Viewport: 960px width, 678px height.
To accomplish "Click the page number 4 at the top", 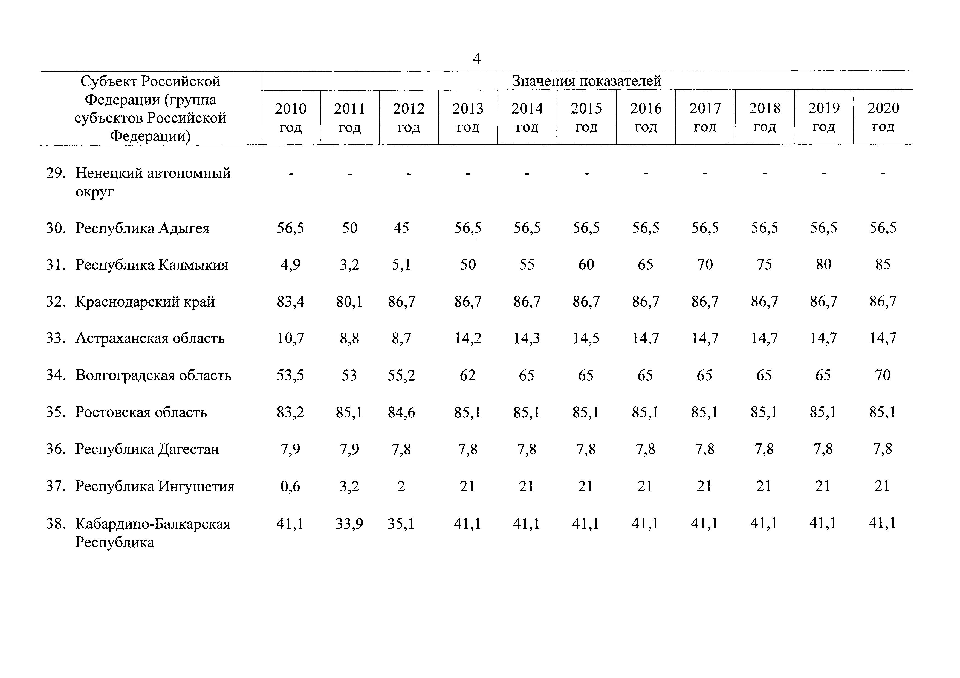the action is [477, 59].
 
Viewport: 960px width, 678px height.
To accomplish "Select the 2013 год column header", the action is [468, 117].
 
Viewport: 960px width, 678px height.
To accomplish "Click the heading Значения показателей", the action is [587, 81].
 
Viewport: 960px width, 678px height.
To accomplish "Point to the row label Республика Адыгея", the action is [142, 228].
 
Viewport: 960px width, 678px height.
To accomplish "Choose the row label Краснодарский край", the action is [145, 302].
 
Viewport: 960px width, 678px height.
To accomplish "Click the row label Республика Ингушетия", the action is [155, 486].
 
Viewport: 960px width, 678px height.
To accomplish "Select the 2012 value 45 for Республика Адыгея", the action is [401, 228].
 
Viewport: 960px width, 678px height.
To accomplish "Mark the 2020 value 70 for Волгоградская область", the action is [883, 375].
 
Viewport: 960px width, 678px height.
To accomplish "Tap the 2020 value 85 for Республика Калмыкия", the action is [883, 264].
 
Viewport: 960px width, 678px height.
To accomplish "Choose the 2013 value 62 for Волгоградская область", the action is [467, 375].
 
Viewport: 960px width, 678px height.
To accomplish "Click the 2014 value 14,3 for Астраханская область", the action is [527, 338].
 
